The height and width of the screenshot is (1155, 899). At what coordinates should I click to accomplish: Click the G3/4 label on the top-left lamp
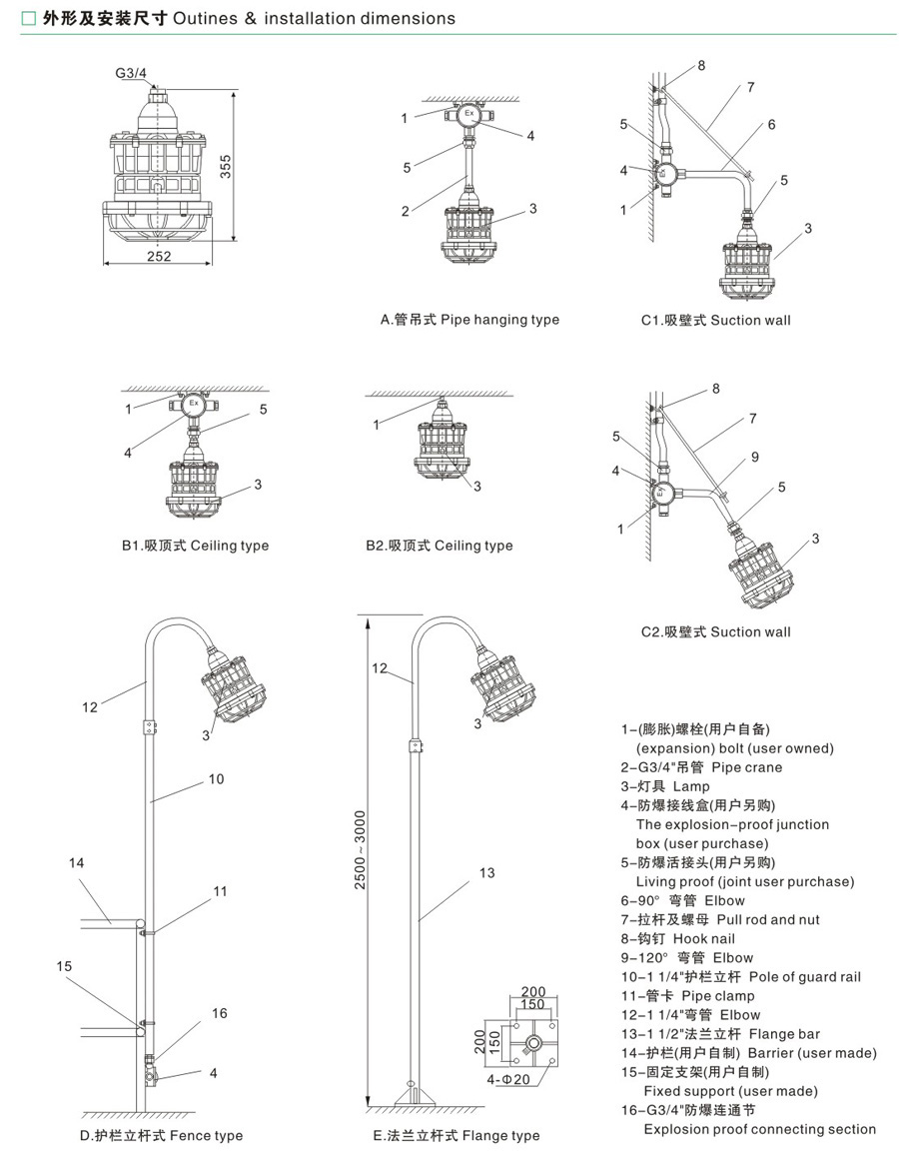(x=130, y=72)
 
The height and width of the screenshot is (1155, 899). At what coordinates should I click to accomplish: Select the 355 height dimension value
(x=226, y=166)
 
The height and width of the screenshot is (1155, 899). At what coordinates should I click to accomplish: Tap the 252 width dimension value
(x=159, y=256)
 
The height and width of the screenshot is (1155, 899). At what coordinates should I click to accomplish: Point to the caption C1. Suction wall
(x=715, y=321)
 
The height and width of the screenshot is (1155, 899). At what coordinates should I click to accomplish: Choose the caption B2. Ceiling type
(x=439, y=546)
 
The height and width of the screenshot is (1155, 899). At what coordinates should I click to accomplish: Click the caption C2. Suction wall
(x=715, y=631)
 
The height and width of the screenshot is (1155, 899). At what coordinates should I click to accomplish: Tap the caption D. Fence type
(x=161, y=1135)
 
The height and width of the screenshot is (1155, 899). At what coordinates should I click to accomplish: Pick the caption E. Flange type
(x=455, y=1135)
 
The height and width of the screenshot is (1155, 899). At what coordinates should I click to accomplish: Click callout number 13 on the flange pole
(x=486, y=873)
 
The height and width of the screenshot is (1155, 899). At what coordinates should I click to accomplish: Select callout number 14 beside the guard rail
(x=77, y=862)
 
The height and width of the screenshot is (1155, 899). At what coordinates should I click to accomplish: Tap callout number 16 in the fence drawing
(x=220, y=1013)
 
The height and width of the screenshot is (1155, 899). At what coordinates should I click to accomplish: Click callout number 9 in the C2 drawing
(x=755, y=457)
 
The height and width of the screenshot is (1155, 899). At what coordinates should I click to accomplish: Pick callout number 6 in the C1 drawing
(x=771, y=125)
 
